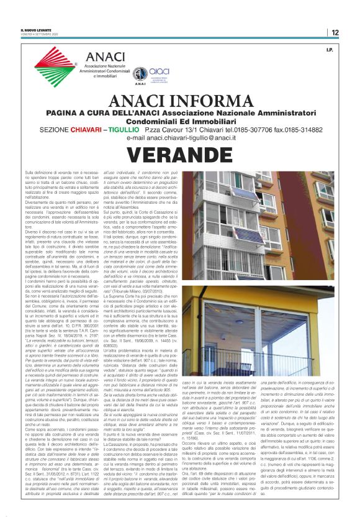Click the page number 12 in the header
[x=335, y=32]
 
